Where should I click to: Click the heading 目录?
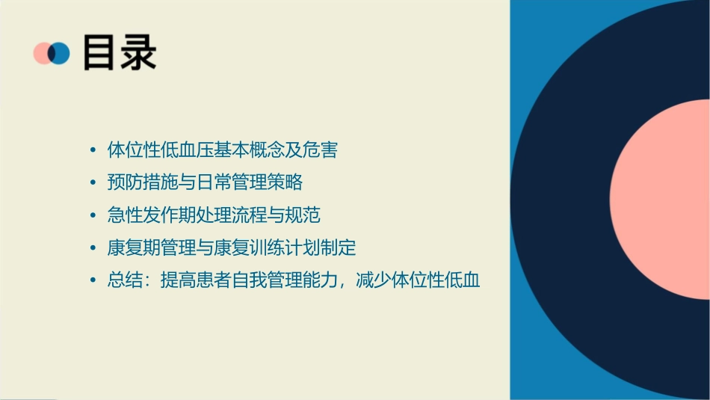(x=120, y=53)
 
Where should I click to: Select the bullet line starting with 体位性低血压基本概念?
(x=223, y=150)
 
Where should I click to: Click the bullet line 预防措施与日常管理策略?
(x=205, y=182)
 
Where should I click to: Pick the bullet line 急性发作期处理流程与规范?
(x=214, y=215)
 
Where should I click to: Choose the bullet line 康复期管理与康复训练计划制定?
(x=232, y=248)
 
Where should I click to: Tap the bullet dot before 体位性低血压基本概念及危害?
(x=92, y=150)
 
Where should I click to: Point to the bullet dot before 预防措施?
(x=92, y=183)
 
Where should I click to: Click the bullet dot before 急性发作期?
(x=92, y=216)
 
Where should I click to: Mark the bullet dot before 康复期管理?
(x=92, y=249)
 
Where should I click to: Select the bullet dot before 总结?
(x=92, y=282)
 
